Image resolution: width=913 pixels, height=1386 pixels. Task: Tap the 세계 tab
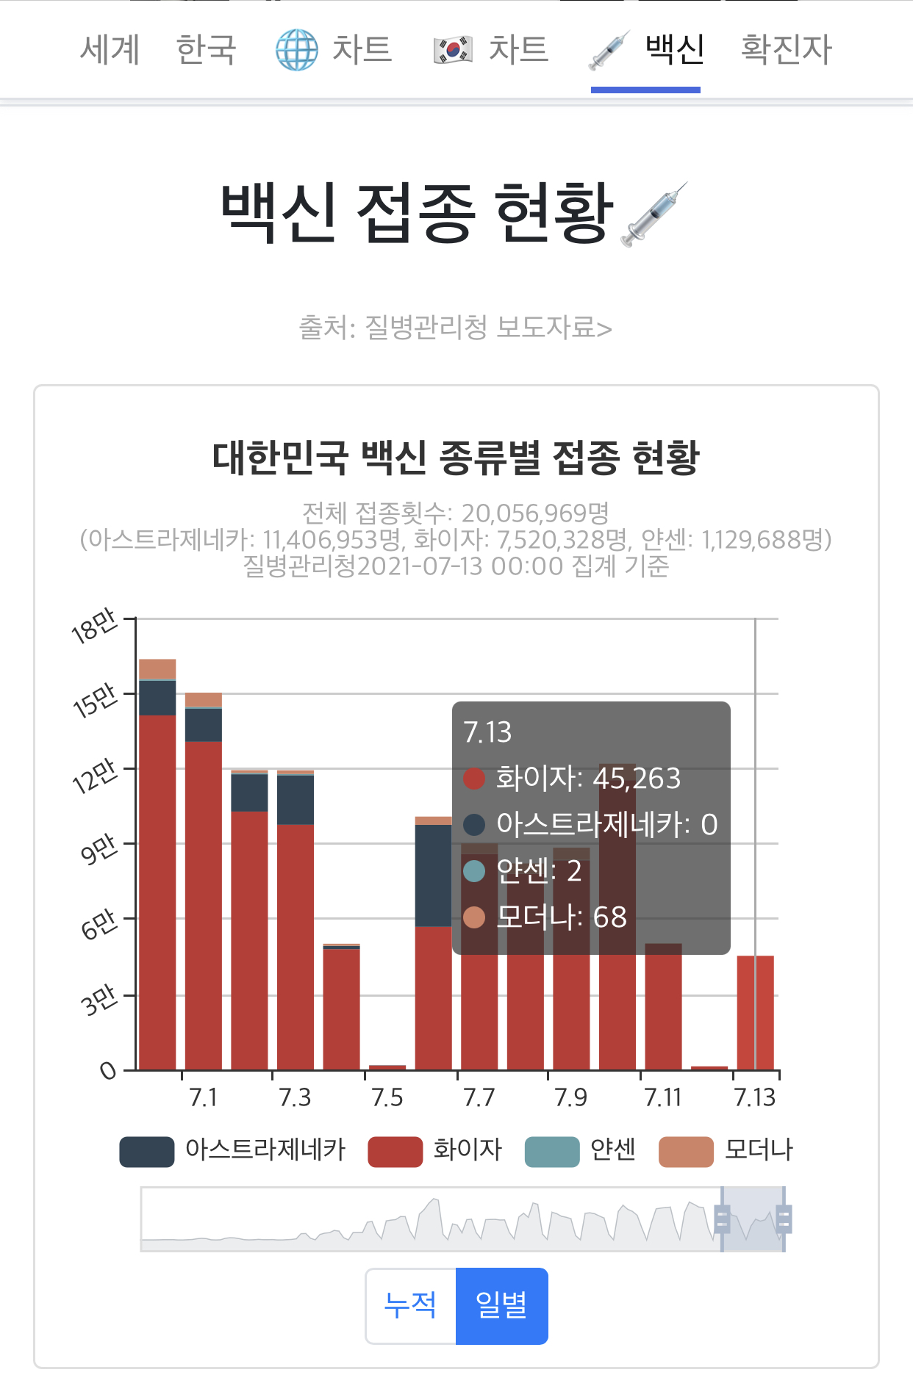pyautogui.click(x=110, y=50)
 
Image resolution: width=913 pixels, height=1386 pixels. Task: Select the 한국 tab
pyautogui.click(x=207, y=50)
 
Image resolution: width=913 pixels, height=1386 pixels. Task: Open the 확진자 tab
pyautogui.click(x=787, y=50)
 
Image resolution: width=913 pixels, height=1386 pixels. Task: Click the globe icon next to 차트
pyautogui.click(x=297, y=50)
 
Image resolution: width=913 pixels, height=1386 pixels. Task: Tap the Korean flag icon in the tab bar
pyautogui.click(x=453, y=50)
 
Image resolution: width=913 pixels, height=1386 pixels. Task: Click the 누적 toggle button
pyautogui.click(x=411, y=1306)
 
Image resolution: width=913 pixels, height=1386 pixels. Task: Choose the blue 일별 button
pyautogui.click(x=502, y=1306)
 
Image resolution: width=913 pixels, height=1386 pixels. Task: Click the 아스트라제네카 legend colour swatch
pyautogui.click(x=147, y=1151)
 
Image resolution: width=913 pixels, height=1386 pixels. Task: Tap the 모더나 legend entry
pyautogui.click(x=726, y=1150)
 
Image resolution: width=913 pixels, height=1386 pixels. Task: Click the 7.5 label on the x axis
pyautogui.click(x=387, y=1097)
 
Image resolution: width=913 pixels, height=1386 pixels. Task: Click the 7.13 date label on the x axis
pyautogui.click(x=755, y=1097)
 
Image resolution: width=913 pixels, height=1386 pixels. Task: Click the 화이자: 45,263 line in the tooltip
pyautogui.click(x=573, y=779)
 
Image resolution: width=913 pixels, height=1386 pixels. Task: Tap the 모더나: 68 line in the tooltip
pyautogui.click(x=545, y=917)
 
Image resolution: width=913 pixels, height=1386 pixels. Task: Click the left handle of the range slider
pyautogui.click(x=722, y=1220)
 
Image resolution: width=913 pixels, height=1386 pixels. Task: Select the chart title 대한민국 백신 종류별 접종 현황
pyautogui.click(x=456, y=458)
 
